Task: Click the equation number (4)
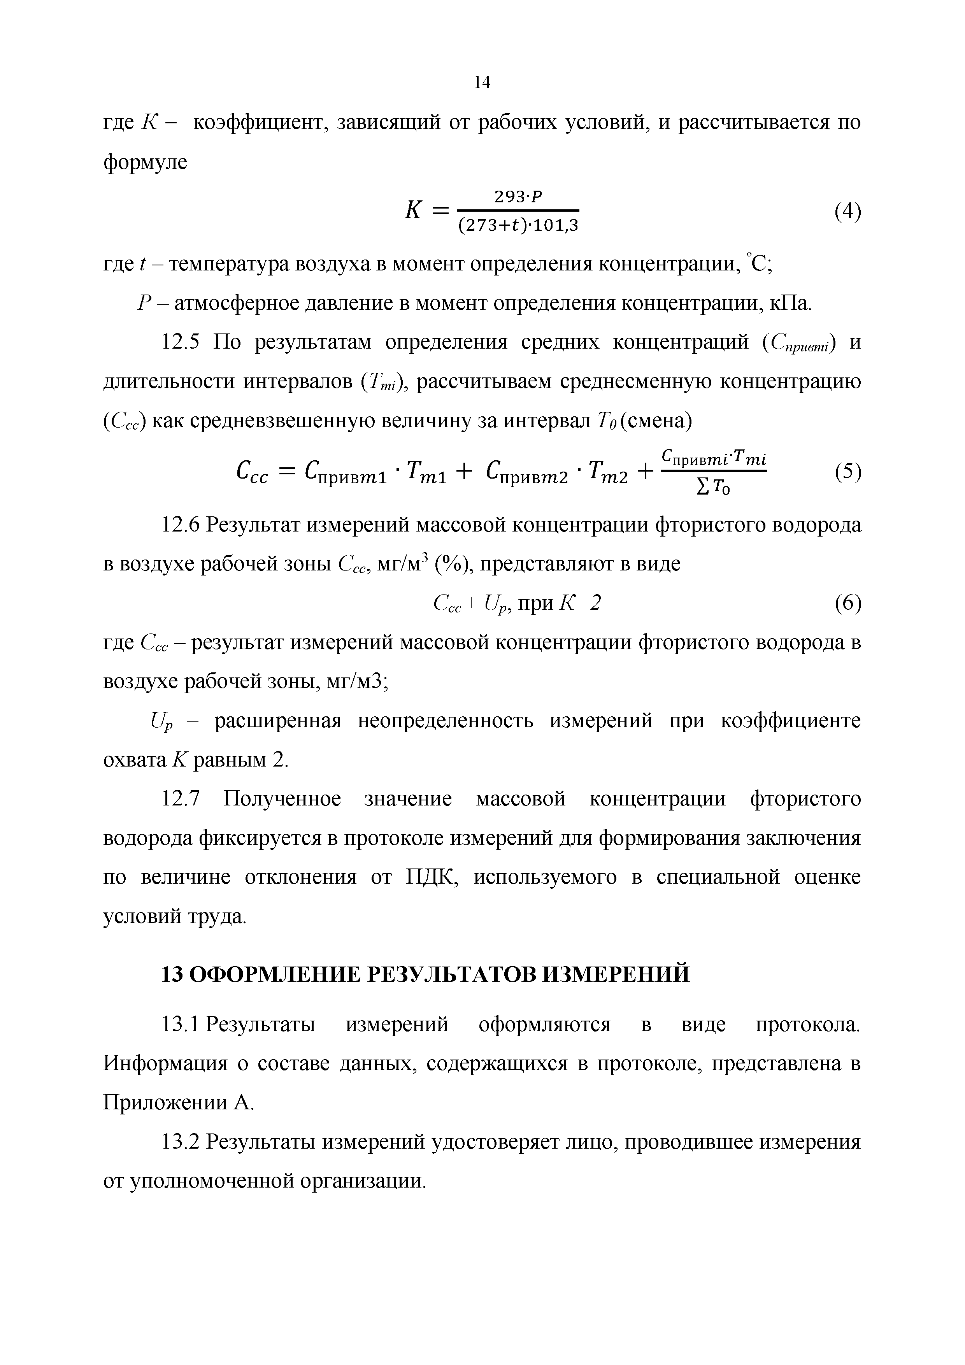point(847,212)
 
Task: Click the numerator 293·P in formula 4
point(517,196)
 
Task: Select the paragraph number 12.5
point(181,343)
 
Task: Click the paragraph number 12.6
point(181,525)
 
